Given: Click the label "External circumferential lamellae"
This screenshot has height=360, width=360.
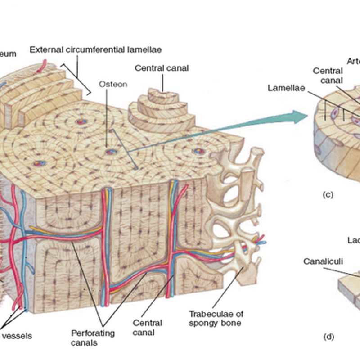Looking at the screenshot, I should tap(96, 49).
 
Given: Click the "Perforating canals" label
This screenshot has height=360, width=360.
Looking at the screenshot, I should tap(93, 337).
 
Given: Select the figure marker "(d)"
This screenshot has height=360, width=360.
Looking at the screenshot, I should tap(328, 335).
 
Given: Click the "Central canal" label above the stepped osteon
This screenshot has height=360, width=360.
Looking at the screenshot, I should tap(162, 68).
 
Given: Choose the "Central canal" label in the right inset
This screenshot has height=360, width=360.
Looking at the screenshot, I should tap(328, 76).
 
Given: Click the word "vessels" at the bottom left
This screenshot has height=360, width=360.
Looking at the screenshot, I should tap(16, 336).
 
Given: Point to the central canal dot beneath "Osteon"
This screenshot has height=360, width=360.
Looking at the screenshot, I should tap(109, 151).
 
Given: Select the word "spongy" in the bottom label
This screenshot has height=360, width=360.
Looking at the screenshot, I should tap(202, 323).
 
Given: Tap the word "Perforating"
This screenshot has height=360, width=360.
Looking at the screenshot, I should tap(93, 333).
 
